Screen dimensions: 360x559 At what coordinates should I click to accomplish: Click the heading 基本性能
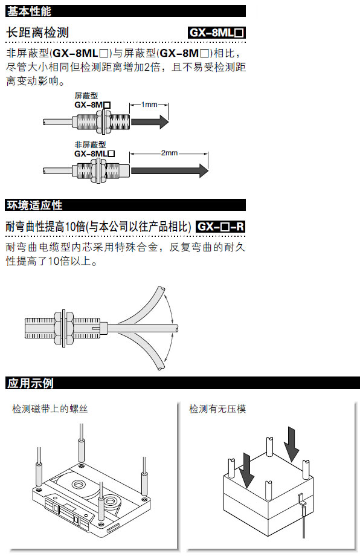29,11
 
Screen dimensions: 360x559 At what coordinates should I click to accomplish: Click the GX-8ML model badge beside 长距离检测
217,33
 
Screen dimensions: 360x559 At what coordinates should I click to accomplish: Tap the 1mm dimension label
149,105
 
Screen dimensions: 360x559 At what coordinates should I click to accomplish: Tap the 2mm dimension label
169,153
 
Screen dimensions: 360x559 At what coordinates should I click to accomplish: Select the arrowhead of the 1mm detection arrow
164,122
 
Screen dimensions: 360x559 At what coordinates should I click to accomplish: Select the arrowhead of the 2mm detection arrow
204,170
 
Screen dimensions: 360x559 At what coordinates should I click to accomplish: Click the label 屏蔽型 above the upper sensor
86,95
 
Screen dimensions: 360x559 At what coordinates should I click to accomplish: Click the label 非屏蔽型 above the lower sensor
90,144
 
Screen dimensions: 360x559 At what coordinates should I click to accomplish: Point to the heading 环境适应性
34,205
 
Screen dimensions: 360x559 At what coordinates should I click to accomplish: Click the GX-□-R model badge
220,227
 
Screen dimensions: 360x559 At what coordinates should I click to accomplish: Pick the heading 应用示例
30,383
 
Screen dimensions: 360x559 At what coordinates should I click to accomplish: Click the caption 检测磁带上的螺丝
50,409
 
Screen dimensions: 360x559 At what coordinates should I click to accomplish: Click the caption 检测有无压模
217,409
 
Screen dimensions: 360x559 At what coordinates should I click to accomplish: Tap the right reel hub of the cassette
111,501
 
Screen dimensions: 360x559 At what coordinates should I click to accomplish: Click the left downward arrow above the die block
246,470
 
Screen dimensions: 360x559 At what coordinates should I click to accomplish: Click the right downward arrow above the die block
292,444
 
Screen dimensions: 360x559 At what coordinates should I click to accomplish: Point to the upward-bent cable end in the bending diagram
161,289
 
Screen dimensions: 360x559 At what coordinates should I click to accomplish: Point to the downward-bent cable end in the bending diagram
161,366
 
